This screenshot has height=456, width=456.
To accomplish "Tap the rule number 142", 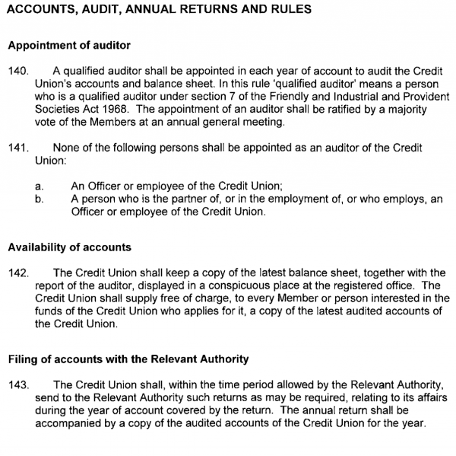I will coord(17,273).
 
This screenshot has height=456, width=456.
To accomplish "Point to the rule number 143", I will coord(17,384).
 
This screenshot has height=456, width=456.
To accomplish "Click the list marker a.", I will coord(40,185).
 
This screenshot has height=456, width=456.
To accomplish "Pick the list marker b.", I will coord(40,198).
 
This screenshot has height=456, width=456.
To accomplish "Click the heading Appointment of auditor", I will coord(69,46).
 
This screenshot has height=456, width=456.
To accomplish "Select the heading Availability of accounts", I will coord(69,247).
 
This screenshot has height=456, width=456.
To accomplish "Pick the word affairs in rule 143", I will coord(429,397).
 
